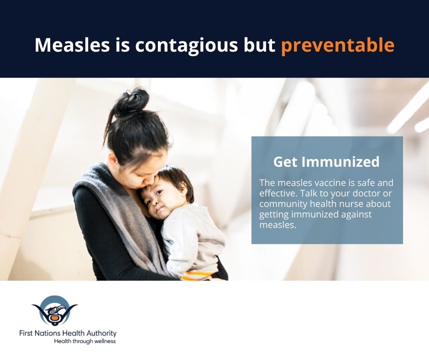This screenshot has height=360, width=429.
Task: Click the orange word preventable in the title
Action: (x=338, y=45)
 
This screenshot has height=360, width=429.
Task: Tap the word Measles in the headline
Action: (x=72, y=45)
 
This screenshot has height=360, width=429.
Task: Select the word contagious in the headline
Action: (x=186, y=46)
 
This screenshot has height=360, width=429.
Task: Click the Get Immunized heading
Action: (x=326, y=162)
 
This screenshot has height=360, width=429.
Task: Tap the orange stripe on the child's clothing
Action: (x=198, y=275)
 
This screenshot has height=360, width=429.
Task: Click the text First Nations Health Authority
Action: (x=68, y=334)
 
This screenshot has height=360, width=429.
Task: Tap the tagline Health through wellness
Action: (x=85, y=341)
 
